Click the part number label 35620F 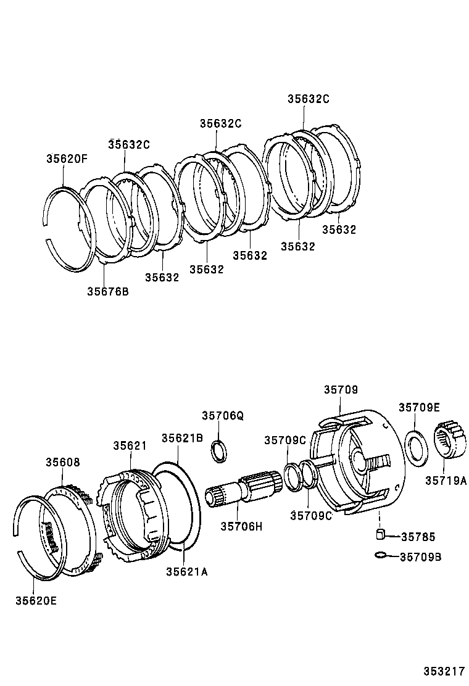pyautogui.click(x=67, y=159)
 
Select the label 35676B pyautogui.click(x=107, y=291)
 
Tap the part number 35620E pyautogui.click(x=36, y=599)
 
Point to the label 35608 pyautogui.click(x=62, y=462)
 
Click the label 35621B pyautogui.click(x=182, y=438)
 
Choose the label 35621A pyautogui.click(x=186, y=571)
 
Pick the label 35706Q pyautogui.click(x=223, y=416)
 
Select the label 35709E pyautogui.click(x=419, y=407)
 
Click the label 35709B pyautogui.click(x=420, y=557)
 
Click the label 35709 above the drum pyautogui.click(x=341, y=390)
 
